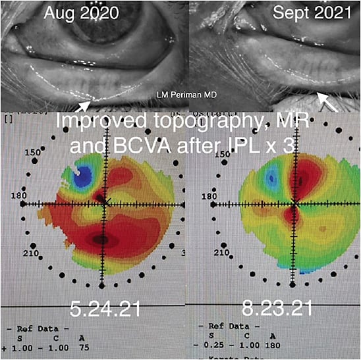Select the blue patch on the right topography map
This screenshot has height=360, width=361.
(269, 178)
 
